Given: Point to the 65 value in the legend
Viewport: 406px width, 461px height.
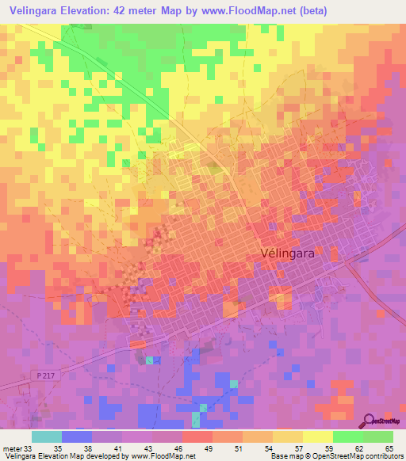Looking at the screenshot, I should (x=387, y=449).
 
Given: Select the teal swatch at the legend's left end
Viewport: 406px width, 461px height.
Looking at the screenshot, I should (x=47, y=436).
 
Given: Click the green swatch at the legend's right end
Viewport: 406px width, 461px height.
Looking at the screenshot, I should (x=378, y=436).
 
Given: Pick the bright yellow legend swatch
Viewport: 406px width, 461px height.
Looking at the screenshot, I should (x=318, y=436).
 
